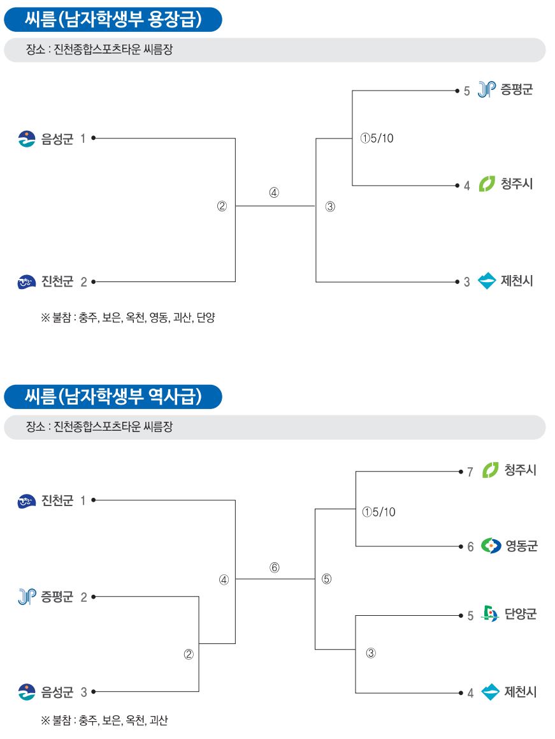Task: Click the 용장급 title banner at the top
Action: click(x=113, y=19)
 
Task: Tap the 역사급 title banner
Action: click(x=113, y=396)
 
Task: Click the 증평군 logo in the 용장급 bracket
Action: click(x=487, y=89)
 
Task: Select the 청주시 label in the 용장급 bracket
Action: click(x=517, y=183)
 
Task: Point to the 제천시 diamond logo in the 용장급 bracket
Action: click(x=487, y=281)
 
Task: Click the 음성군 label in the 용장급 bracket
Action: click(x=57, y=139)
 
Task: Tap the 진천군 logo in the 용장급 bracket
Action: click(x=26, y=282)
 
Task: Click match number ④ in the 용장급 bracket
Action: click(x=274, y=192)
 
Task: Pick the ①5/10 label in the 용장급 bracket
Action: click(x=377, y=138)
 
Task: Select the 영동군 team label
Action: click(x=521, y=546)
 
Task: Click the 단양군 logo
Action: click(x=490, y=614)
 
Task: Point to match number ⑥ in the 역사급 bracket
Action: click(x=275, y=567)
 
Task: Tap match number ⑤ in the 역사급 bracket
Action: click(x=327, y=579)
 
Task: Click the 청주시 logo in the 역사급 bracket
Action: click(x=490, y=470)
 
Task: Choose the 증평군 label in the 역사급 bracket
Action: click(x=57, y=597)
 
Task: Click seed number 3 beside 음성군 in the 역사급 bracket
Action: click(x=83, y=692)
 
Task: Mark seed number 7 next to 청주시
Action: click(x=470, y=472)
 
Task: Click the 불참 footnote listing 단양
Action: click(x=128, y=318)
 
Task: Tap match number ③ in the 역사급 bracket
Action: click(x=371, y=653)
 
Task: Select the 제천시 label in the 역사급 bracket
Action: click(x=521, y=692)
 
